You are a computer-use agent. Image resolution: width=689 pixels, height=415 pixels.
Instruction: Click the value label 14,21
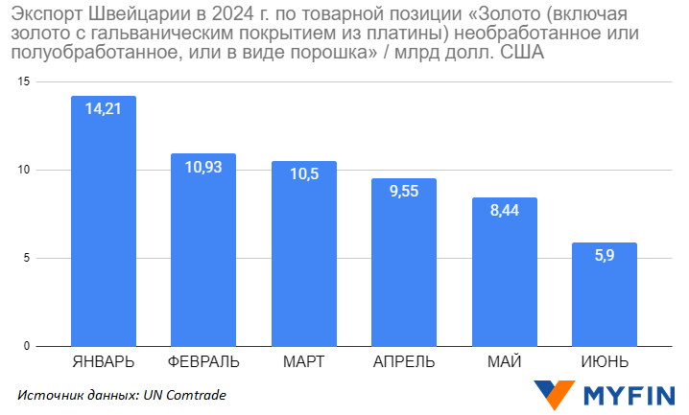pyautogui.click(x=104, y=109)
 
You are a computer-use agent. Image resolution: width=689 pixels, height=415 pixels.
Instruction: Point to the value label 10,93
pyautogui.click(x=203, y=167)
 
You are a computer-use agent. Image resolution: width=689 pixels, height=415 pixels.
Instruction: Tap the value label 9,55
pyautogui.click(x=404, y=191)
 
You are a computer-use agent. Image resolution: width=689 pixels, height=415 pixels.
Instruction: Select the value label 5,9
pyautogui.click(x=605, y=256)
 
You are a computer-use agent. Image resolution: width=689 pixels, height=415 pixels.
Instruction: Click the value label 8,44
pyautogui.click(x=505, y=211)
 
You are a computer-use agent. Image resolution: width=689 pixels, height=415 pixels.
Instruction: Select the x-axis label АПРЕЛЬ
pyautogui.click(x=404, y=362)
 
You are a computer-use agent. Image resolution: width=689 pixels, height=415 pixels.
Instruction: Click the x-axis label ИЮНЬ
pyautogui.click(x=605, y=362)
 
